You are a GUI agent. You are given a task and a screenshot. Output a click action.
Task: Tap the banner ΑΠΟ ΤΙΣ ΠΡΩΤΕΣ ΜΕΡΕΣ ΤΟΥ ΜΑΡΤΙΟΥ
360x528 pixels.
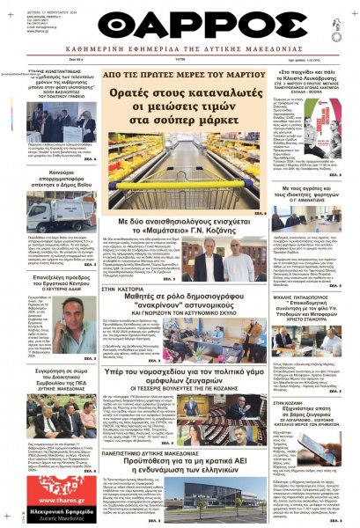tap(180, 77)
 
